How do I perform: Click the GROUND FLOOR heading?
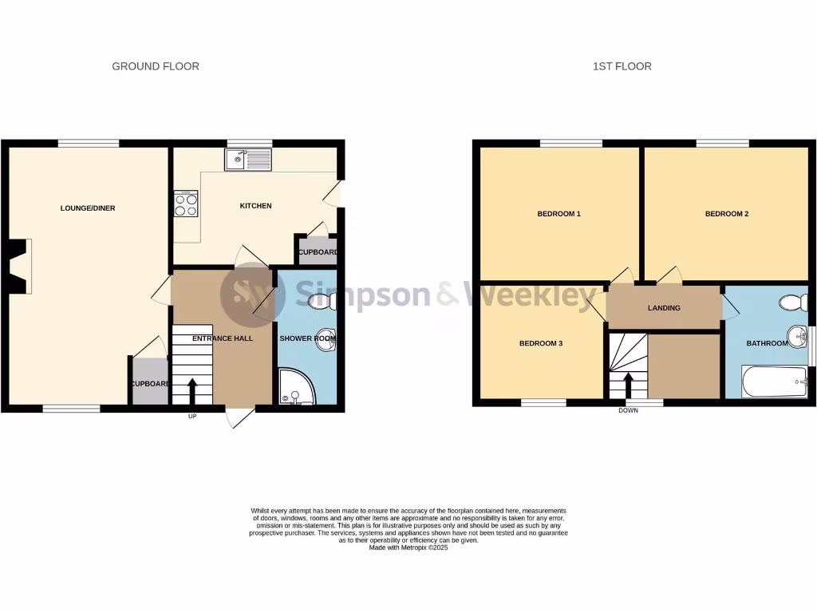(x=156, y=66)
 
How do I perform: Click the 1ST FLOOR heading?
(x=622, y=66)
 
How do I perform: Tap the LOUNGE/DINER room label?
(x=88, y=208)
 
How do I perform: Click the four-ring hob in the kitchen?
(x=186, y=204)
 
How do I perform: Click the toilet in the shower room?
(x=322, y=300)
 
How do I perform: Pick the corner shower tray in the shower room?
(x=296, y=386)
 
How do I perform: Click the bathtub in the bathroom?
(x=774, y=382)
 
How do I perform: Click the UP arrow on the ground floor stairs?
(x=192, y=391)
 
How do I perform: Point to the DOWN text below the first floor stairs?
(x=629, y=411)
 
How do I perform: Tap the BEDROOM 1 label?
(x=558, y=214)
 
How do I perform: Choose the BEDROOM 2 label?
(x=727, y=214)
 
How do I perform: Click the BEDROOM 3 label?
(x=541, y=344)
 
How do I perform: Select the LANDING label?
(x=664, y=308)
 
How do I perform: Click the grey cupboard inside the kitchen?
(x=317, y=251)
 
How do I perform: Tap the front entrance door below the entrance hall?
(x=239, y=416)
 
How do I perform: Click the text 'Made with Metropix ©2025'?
(x=408, y=548)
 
